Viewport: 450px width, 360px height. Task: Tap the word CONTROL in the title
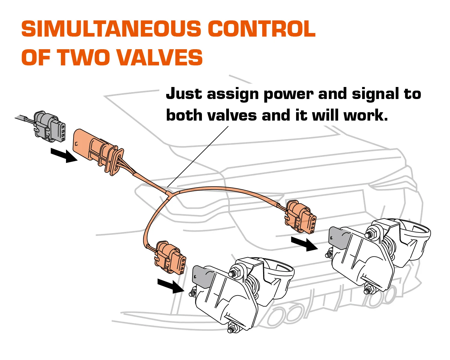(x=261, y=29)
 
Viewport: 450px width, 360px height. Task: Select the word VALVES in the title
(x=160, y=57)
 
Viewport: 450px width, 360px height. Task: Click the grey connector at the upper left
(x=49, y=127)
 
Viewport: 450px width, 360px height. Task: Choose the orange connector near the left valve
(x=169, y=258)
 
